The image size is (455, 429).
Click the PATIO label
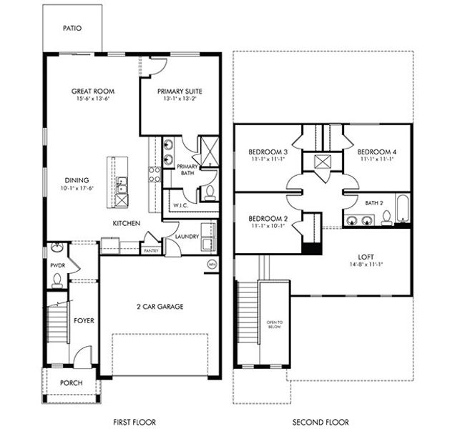click(x=72, y=29)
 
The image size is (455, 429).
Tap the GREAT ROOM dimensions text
click(x=93, y=100)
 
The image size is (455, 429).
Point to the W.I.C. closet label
click(x=180, y=205)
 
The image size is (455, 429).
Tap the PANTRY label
click(x=151, y=251)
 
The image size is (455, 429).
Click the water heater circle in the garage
click(x=212, y=265)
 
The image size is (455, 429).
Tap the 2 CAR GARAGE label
click(x=160, y=307)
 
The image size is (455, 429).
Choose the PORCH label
click(x=71, y=383)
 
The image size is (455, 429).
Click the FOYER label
click(x=84, y=321)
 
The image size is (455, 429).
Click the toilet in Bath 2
click(x=386, y=220)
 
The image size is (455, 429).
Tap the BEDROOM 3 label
click(x=268, y=152)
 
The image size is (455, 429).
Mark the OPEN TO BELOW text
click(x=275, y=325)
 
